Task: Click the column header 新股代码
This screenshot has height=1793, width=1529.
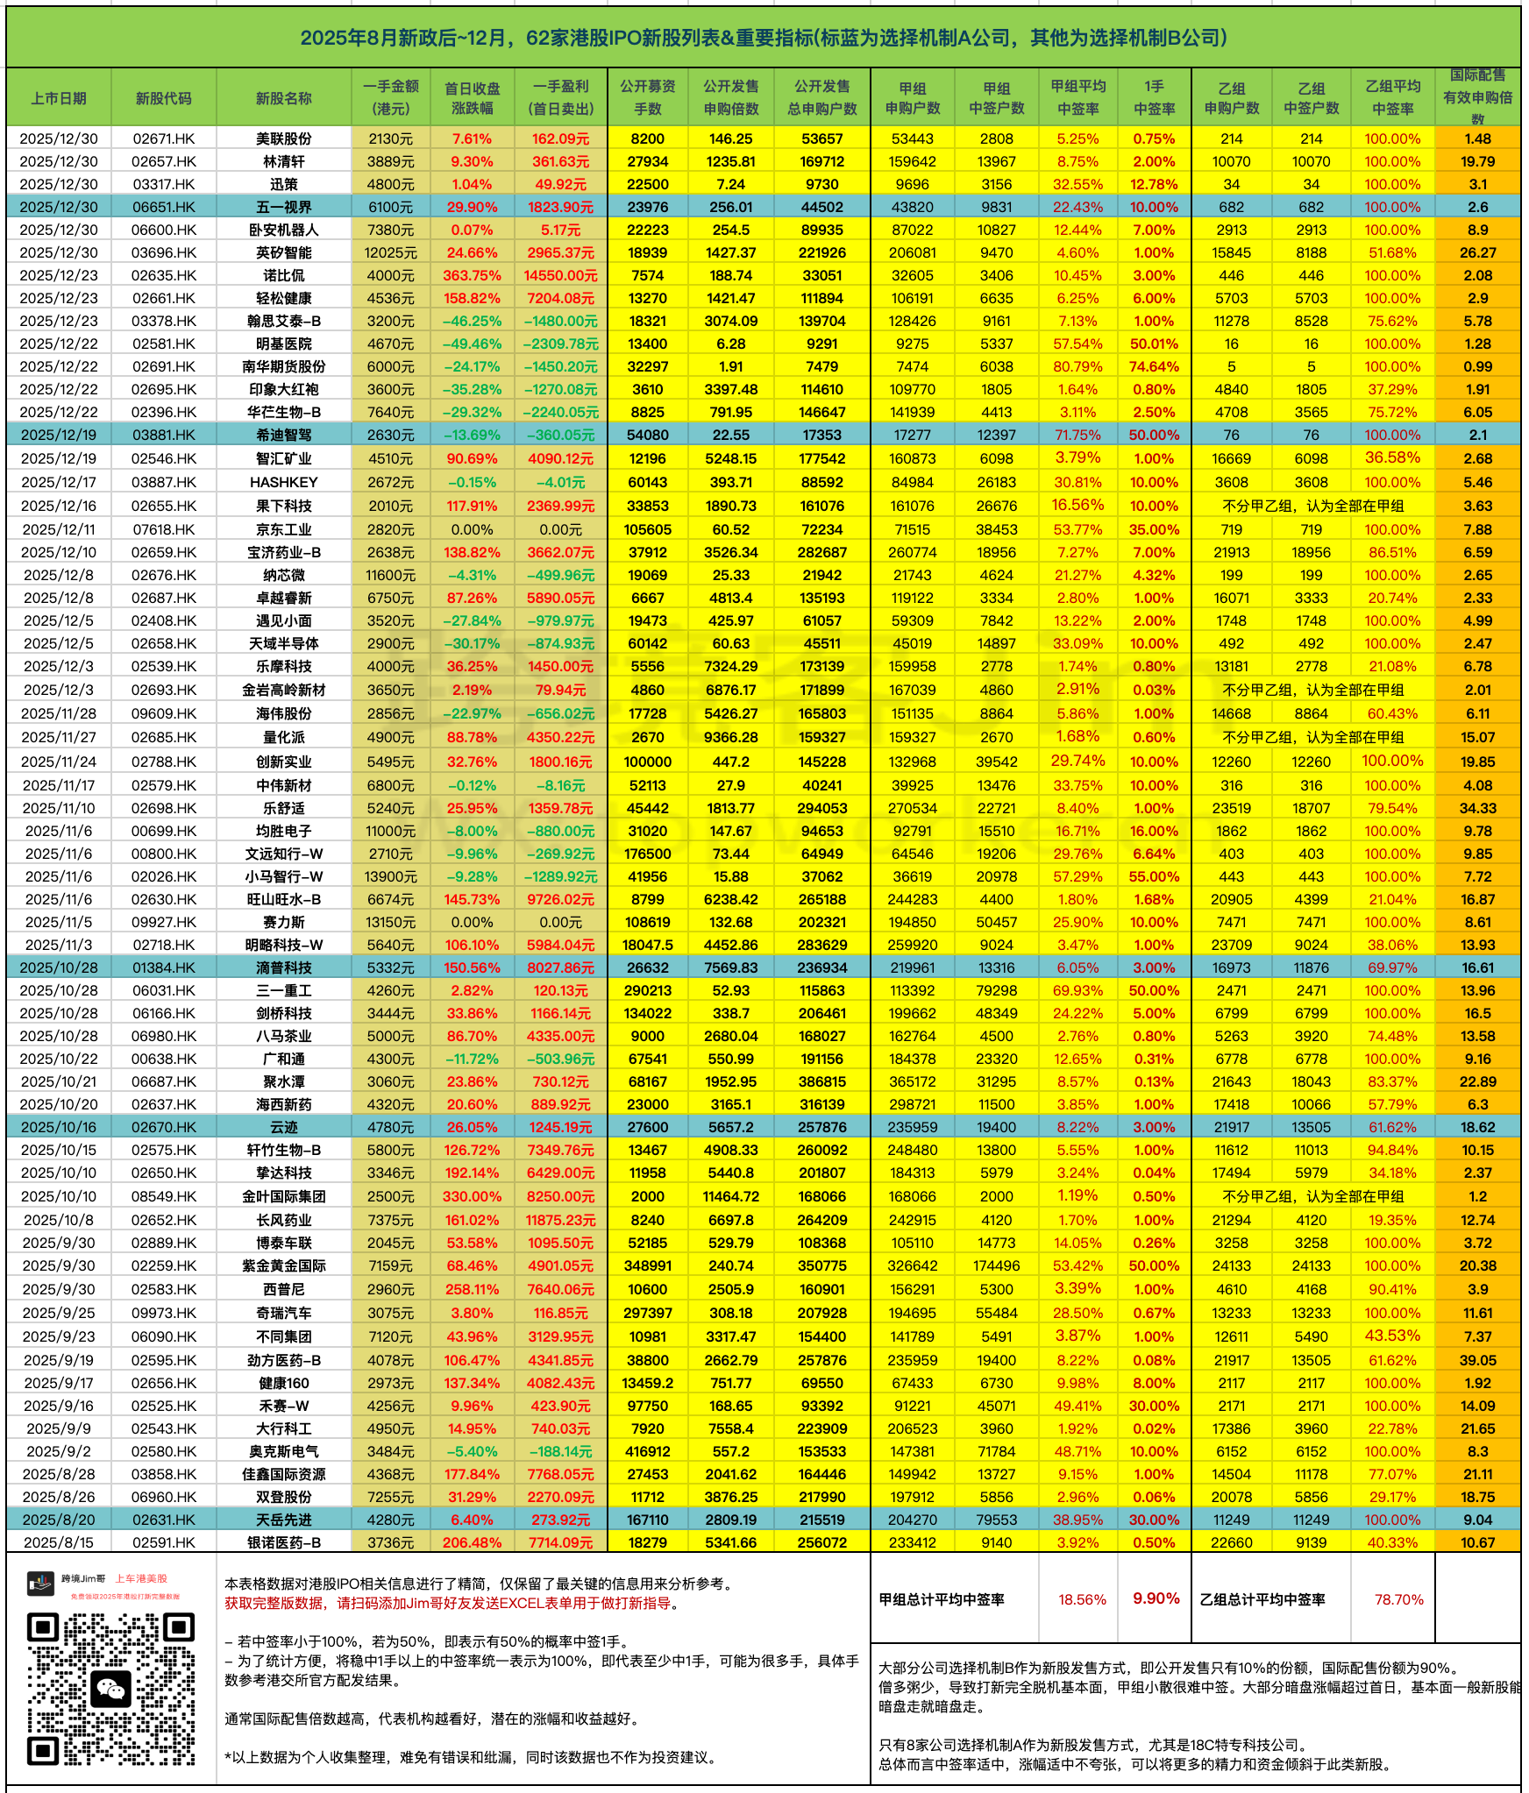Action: pyautogui.click(x=164, y=98)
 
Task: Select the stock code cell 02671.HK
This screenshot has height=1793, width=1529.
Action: pyautogui.click(x=164, y=138)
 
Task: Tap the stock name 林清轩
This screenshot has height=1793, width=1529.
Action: pyautogui.click(x=283, y=161)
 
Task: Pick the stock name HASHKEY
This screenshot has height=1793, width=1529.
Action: pyautogui.click(x=283, y=482)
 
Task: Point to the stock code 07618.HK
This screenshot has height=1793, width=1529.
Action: pyautogui.click(x=164, y=529)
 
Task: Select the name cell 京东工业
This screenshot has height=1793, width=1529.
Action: pyautogui.click(x=283, y=529)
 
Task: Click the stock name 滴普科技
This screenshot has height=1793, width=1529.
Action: pyautogui.click(x=283, y=967)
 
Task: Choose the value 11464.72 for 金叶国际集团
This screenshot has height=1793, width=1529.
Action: pyautogui.click(x=730, y=1196)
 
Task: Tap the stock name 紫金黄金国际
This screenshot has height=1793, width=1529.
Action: pyautogui.click(x=283, y=1265)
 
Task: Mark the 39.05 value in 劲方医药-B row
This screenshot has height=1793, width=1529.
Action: pyautogui.click(x=1477, y=1360)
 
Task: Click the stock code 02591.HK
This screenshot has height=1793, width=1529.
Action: pyautogui.click(x=164, y=1542)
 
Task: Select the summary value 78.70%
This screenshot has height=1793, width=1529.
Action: pyautogui.click(x=1398, y=1599)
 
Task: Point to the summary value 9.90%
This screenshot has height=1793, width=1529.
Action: pyautogui.click(x=1156, y=1599)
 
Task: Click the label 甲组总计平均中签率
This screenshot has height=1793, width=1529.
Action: pyautogui.click(x=942, y=1599)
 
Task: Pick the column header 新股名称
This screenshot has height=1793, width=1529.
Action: pyautogui.click(x=283, y=98)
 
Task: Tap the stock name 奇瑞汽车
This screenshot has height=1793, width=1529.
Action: pyautogui.click(x=283, y=1313)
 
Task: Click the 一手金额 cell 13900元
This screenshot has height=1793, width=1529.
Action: pyautogui.click(x=390, y=876)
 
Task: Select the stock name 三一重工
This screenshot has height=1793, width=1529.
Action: pyautogui.click(x=283, y=990)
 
